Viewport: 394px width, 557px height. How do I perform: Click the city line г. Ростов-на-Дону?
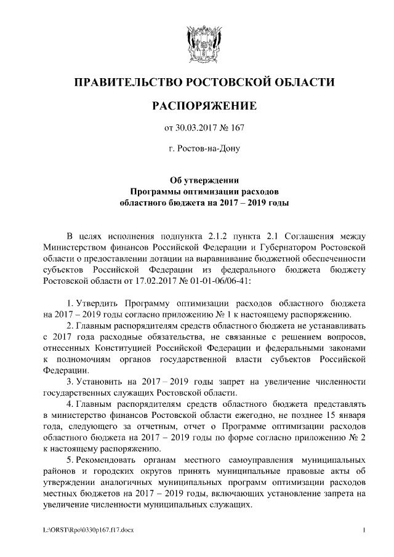pyautogui.click(x=204, y=148)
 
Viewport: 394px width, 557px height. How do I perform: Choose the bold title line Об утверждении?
pyautogui.click(x=204, y=180)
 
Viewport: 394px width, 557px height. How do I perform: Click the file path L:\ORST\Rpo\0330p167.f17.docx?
pyautogui.click(x=87, y=530)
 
